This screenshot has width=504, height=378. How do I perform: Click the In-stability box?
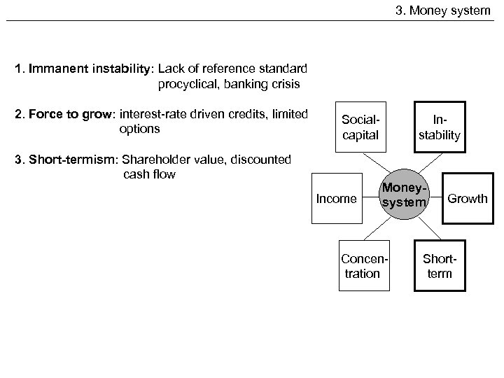pyautogui.click(x=440, y=127)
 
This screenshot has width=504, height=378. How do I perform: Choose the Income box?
pyautogui.click(x=337, y=198)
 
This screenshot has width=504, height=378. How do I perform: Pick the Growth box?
pyautogui.click(x=468, y=198)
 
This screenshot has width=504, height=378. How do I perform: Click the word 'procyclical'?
pyautogui.click(x=188, y=85)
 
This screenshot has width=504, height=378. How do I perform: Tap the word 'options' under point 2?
pyautogui.click(x=140, y=129)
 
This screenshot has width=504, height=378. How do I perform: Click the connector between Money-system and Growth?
pyautogui.click(x=437, y=198)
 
